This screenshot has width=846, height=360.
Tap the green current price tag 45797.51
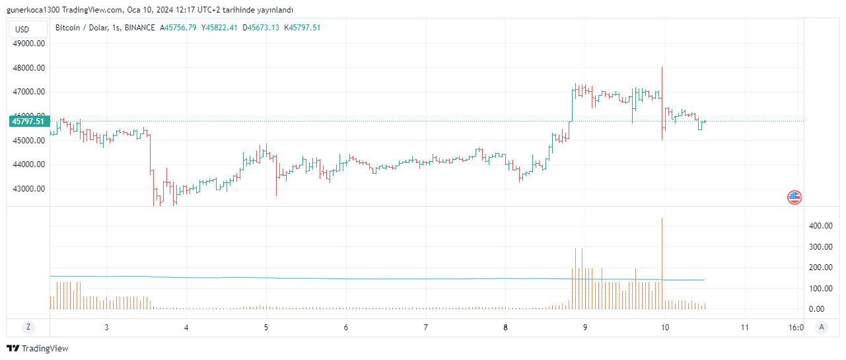coord(29,121)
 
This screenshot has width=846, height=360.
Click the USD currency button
coord(22,29)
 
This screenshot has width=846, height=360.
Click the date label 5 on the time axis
coord(266,327)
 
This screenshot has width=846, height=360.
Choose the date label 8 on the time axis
coord(505,327)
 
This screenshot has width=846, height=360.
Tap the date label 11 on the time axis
coord(744,327)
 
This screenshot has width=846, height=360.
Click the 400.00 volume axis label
coord(820,226)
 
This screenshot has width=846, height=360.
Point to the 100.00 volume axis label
coord(820,289)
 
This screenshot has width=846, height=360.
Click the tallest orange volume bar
coord(662,264)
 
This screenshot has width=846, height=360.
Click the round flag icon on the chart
coord(794,197)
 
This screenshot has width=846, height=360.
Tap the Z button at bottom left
coord(28,327)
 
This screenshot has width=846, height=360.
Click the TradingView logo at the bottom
coord(38,348)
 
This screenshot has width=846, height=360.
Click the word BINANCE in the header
coord(139,27)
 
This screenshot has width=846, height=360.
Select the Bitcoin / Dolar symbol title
coord(82,27)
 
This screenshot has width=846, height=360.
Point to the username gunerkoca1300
coord(34,10)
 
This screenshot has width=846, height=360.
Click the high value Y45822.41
coord(220,27)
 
